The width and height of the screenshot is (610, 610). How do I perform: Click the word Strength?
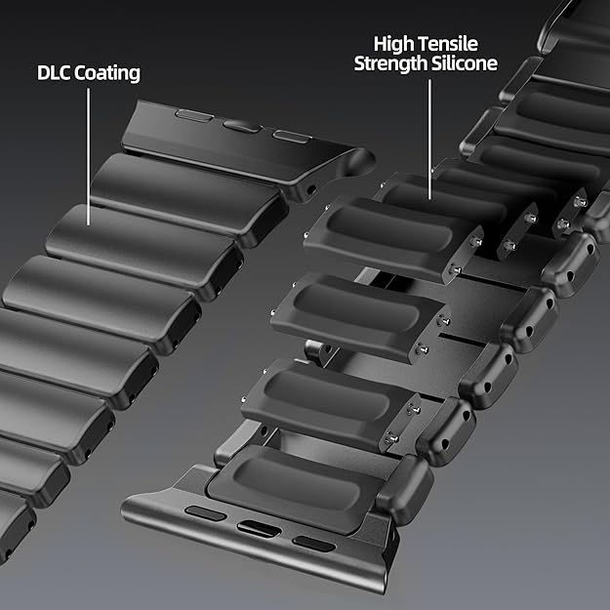pos(388,64)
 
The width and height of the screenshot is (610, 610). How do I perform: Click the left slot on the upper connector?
pos(189,115)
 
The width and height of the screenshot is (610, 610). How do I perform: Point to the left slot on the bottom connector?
pos(201,513)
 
